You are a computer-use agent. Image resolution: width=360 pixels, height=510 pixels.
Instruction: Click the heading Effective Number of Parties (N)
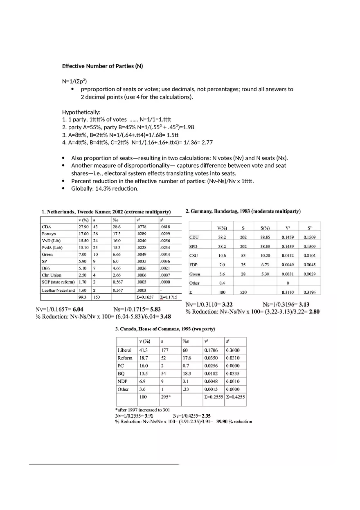(x=102, y=66)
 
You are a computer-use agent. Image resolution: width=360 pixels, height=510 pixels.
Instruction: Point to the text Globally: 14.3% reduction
(x=105, y=189)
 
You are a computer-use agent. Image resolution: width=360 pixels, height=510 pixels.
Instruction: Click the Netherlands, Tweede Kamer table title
(x=106, y=212)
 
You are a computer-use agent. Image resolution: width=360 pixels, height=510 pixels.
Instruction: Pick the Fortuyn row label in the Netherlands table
(x=49, y=234)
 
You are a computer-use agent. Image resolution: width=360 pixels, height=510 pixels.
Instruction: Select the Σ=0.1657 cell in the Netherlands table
(x=145, y=297)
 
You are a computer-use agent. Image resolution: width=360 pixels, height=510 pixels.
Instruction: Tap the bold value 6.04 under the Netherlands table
(x=78, y=310)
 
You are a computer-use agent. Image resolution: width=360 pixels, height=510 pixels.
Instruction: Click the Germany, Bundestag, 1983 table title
(x=243, y=211)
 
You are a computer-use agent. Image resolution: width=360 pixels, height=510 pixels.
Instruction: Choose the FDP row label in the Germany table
(x=193, y=265)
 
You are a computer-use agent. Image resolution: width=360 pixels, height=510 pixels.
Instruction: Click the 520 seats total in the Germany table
(x=243, y=292)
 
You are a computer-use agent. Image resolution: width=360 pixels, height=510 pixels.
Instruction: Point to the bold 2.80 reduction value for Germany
(x=314, y=312)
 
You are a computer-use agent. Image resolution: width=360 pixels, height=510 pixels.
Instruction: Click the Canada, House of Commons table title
(x=165, y=329)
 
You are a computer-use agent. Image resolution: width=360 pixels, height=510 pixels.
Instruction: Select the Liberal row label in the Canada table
(x=124, y=350)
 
